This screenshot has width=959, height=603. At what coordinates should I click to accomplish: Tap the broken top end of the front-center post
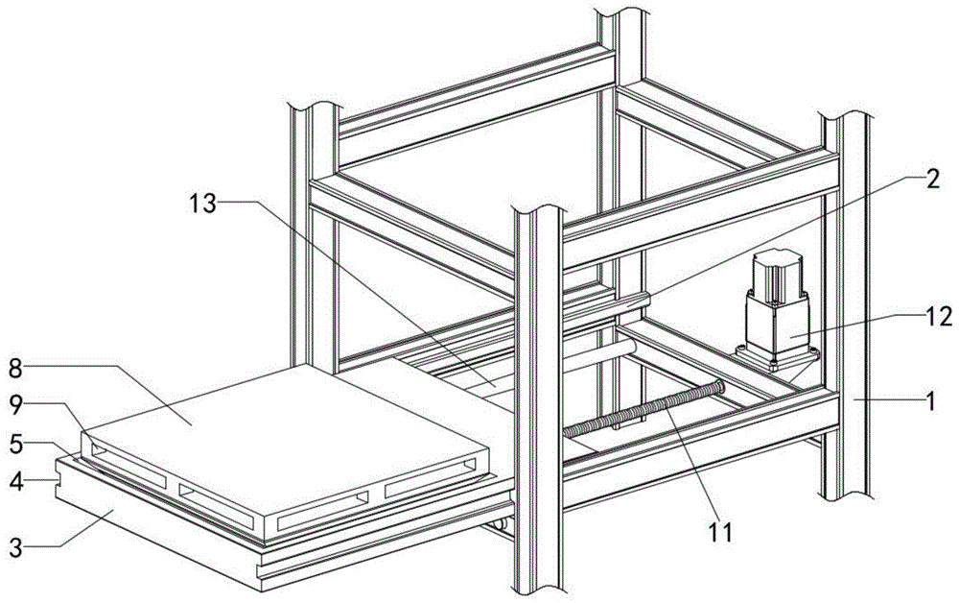(x=538, y=214)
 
